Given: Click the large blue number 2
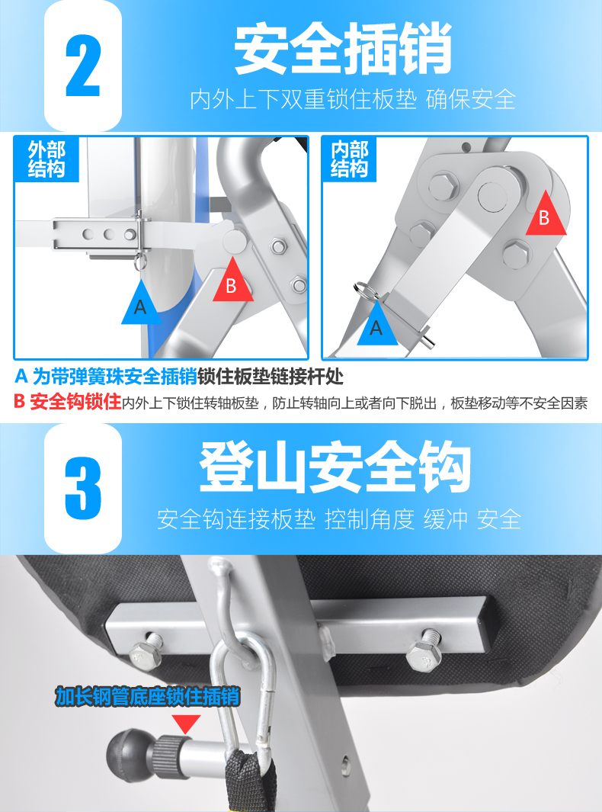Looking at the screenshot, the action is tap(83, 66).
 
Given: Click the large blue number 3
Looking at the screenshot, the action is tap(83, 488).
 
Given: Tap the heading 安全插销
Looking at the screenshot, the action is tap(343, 49).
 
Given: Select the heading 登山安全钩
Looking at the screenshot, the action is tap(335, 467).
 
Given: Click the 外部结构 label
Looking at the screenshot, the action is tap(46, 159).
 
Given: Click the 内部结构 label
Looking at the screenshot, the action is tap(350, 159).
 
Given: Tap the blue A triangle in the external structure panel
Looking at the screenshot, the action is tap(141, 302).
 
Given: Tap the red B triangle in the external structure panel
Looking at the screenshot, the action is tap(233, 280).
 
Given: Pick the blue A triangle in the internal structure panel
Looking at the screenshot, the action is tap(377, 323).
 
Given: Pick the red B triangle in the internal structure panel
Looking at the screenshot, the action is tap(546, 213).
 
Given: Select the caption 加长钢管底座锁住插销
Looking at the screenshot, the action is tap(148, 697).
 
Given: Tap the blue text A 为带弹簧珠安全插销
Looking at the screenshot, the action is tap(106, 377).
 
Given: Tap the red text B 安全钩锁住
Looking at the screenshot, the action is tap(67, 402).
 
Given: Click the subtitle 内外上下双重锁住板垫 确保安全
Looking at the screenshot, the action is tap(353, 99).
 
